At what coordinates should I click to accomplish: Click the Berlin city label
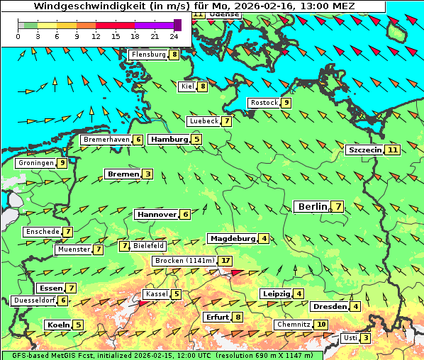coord(312,206)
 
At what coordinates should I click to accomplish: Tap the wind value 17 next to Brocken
coord(225,261)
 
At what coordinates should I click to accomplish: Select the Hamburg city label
coord(169,140)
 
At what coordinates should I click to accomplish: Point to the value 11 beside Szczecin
coord(392,150)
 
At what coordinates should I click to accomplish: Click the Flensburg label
coord(148,55)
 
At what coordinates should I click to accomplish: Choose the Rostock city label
coord(264,103)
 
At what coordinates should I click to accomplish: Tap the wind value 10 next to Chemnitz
coord(321,325)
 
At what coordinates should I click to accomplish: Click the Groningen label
coord(36,163)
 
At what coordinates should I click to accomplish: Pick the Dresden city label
coord(329,307)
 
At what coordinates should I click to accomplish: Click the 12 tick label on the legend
coord(96,36)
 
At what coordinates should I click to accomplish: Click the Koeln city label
coord(57,325)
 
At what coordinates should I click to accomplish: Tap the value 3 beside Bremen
coord(147,174)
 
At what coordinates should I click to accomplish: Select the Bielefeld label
coord(149,246)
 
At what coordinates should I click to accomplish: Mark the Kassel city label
coord(156,294)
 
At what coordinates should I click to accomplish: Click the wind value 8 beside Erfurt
coord(238,317)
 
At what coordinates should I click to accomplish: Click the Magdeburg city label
coord(232,238)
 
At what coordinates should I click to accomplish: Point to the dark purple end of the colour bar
coord(177,25)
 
